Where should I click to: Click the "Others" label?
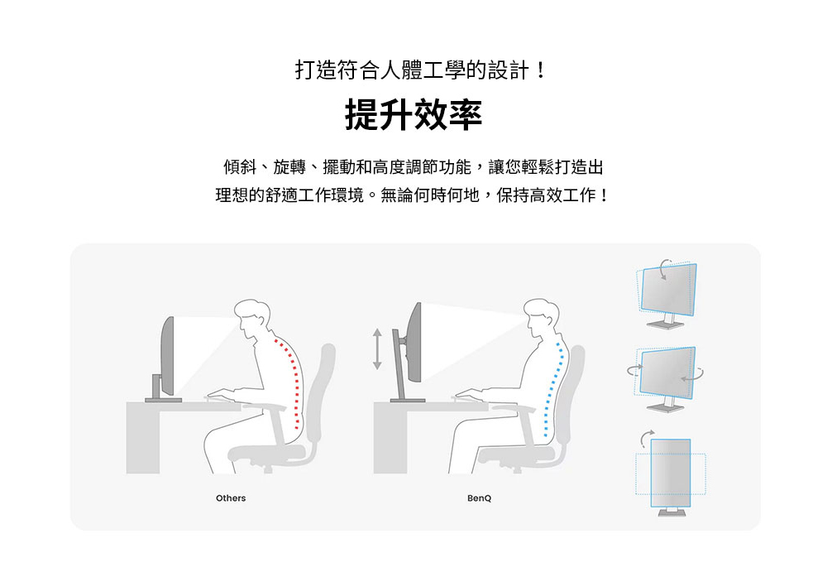coord(231,498)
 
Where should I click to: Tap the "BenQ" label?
coord(479,498)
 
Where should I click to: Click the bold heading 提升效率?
coord(413,114)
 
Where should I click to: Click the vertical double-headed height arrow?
coord(376,349)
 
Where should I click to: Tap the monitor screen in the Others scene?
coord(168,356)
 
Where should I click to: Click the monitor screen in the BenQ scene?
coord(415,342)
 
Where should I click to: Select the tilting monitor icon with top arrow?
coord(667,294)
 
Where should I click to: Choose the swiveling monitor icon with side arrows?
coord(666,378)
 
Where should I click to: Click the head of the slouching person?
coord(251,317)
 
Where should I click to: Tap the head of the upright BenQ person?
coord(541,317)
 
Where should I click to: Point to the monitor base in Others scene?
coord(163,400)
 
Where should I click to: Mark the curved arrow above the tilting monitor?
coord(665,267)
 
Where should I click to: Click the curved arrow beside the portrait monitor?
coord(646,438)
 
